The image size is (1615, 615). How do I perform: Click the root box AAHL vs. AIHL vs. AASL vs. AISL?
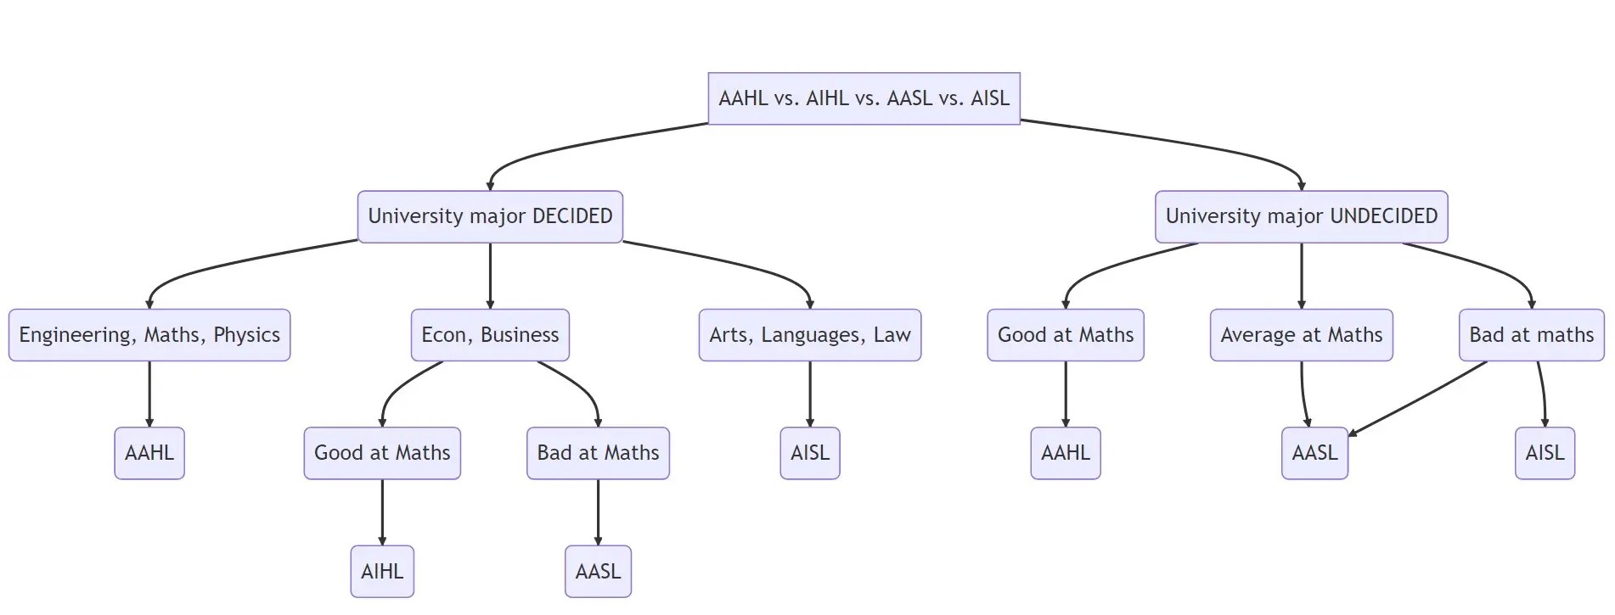pos(864,98)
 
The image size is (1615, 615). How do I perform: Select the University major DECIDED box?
pos(490,216)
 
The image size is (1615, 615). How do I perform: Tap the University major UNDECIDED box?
pos(1301,216)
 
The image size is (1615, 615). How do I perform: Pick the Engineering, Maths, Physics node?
pos(149,335)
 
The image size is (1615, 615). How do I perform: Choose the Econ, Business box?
pos(490,335)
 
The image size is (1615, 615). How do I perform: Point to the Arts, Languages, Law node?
pos(809,335)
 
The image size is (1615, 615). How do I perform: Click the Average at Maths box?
pos(1301,335)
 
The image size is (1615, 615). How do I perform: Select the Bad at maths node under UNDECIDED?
pos(1531,335)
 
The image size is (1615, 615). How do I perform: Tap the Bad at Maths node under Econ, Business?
pos(598,453)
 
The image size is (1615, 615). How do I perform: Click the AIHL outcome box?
pos(382,571)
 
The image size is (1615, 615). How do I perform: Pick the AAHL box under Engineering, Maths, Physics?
pos(149,453)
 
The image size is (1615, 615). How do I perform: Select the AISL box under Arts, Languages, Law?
pos(809,453)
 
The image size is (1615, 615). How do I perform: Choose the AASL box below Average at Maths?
pos(1314,453)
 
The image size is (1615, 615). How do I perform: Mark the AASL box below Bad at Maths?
pos(598,571)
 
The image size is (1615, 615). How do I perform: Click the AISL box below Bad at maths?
pos(1545,453)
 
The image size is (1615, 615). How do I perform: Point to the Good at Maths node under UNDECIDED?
pos(1065,335)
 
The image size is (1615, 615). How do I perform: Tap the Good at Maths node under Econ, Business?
pos(382,453)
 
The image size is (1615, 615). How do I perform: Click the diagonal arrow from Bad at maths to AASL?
pos(1418,399)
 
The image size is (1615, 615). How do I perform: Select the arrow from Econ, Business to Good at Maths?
pos(399,389)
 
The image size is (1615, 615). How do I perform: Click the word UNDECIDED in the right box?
pos(1383,216)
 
